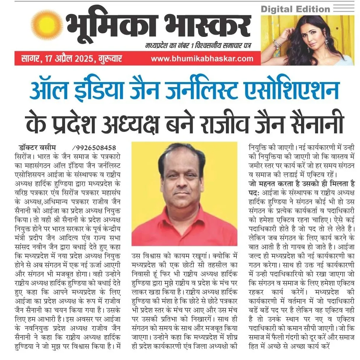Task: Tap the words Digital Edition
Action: tap(295, 9)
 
